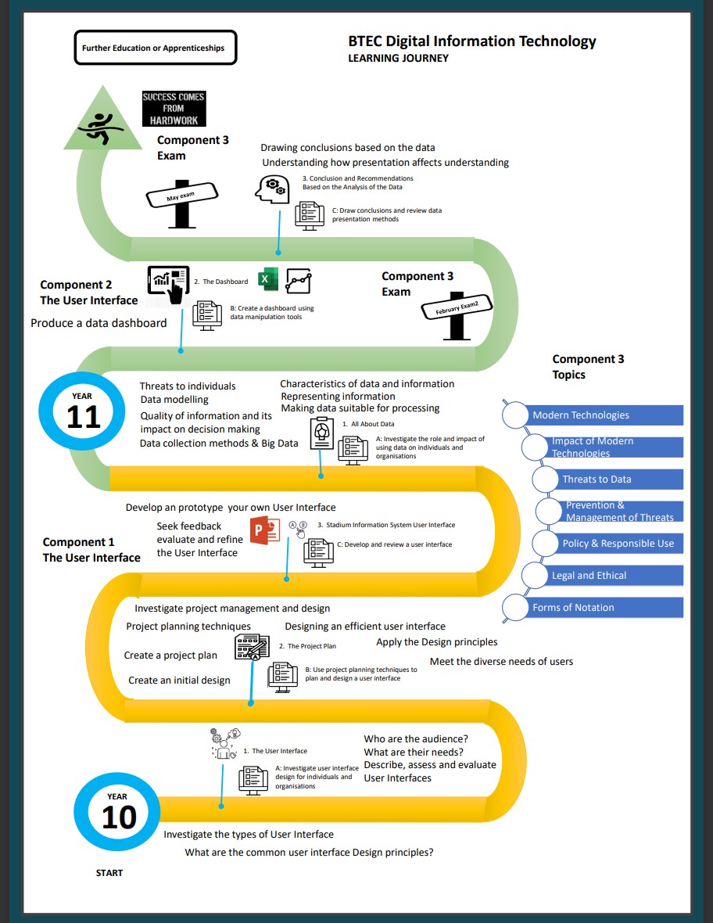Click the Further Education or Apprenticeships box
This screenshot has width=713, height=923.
click(156, 48)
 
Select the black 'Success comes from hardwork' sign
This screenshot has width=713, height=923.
click(174, 108)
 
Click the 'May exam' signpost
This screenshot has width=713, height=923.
click(182, 203)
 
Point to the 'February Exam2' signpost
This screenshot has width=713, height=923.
click(457, 315)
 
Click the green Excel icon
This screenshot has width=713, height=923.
click(268, 279)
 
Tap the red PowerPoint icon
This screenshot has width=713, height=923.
click(265, 530)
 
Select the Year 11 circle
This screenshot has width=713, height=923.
click(82, 411)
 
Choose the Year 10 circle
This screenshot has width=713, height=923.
click(117, 811)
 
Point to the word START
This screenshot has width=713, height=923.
click(109, 873)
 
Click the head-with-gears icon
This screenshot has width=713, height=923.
click(272, 189)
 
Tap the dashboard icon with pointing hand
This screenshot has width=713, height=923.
click(168, 285)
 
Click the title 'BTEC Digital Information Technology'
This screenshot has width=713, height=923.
click(471, 41)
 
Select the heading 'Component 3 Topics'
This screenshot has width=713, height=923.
click(588, 367)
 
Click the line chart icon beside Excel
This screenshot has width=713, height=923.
click(299, 281)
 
